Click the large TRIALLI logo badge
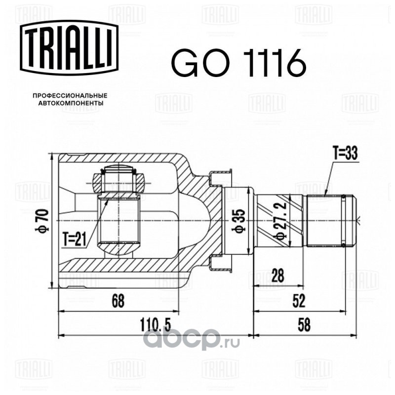coord(69,47)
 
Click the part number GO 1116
coord(238,63)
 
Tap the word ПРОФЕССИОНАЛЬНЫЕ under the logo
coord(70,96)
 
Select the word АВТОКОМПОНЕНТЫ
coord(70,103)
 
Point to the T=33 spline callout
coord(345,154)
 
